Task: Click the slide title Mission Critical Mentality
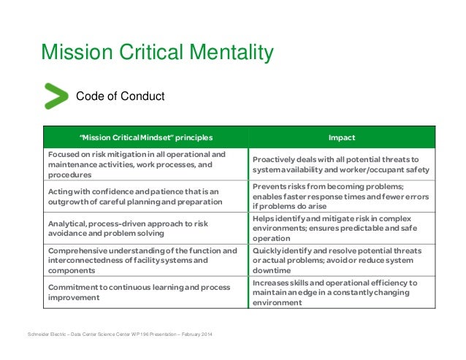pyautogui.click(x=157, y=53)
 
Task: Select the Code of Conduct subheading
pyautogui.click(x=121, y=96)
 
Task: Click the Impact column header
pyautogui.click(x=342, y=137)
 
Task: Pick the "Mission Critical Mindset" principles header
pyautogui.click(x=147, y=137)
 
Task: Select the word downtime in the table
pyautogui.click(x=272, y=270)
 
